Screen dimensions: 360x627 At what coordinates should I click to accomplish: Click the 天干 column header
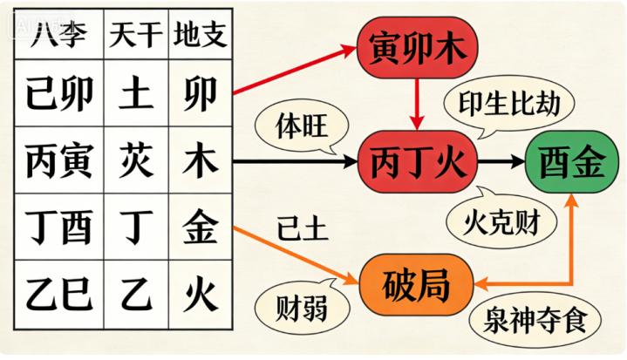(133, 36)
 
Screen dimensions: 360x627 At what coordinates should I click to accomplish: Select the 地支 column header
(201, 36)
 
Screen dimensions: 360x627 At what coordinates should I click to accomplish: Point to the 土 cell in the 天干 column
(133, 94)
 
